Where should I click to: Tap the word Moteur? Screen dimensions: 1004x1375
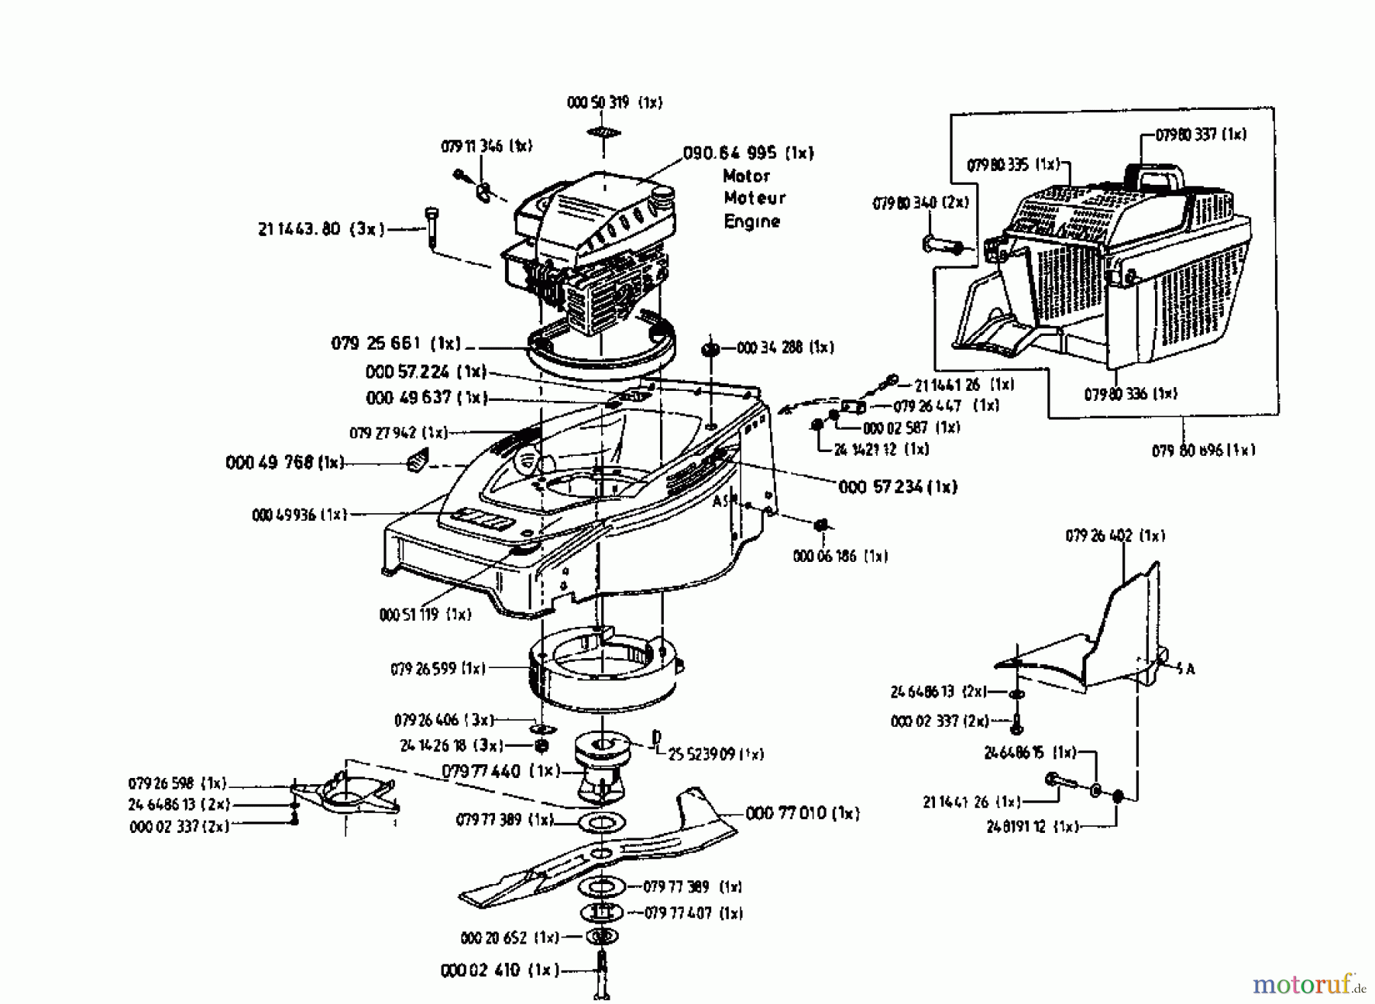[x=755, y=198]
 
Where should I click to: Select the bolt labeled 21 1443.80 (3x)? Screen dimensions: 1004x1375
[x=432, y=227]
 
